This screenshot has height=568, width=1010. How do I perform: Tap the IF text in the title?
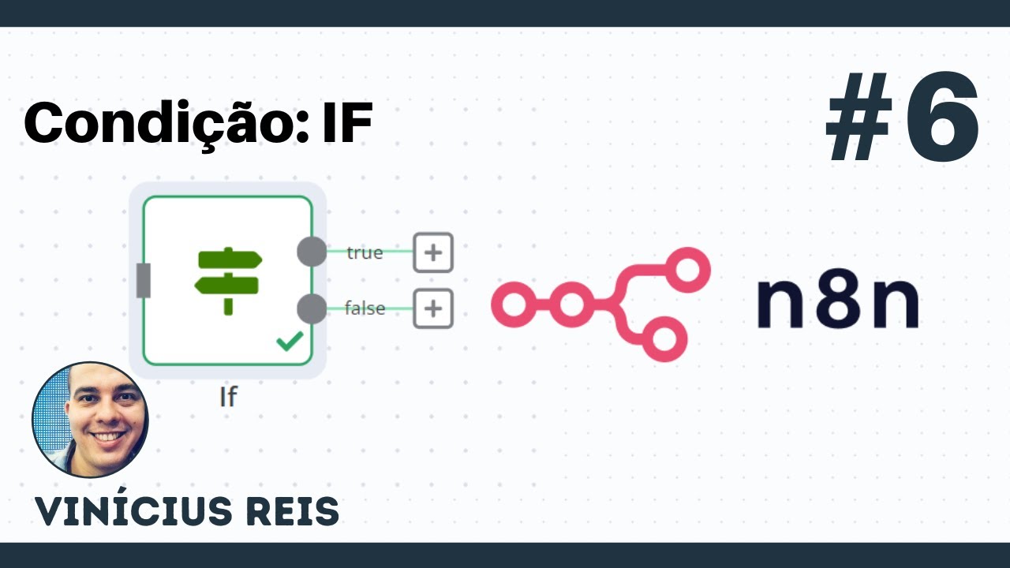coord(348,122)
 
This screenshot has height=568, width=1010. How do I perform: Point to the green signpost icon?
coord(228,281)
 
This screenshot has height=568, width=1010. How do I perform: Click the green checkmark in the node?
coord(290,342)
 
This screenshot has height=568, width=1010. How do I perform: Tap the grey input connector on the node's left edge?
coord(144,280)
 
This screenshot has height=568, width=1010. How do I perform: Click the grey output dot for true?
coord(312,251)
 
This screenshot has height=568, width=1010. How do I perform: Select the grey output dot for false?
coord(312,308)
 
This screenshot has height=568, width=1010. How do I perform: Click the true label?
coord(365,253)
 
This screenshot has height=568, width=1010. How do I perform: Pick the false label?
coord(365,308)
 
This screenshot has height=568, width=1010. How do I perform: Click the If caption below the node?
coord(228,397)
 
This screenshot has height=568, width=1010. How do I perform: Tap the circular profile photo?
coord(90,420)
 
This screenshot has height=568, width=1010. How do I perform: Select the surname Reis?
coord(293,512)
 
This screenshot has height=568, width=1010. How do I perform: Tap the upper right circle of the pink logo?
coord(687,270)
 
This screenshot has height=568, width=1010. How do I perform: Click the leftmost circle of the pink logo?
coord(514,305)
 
